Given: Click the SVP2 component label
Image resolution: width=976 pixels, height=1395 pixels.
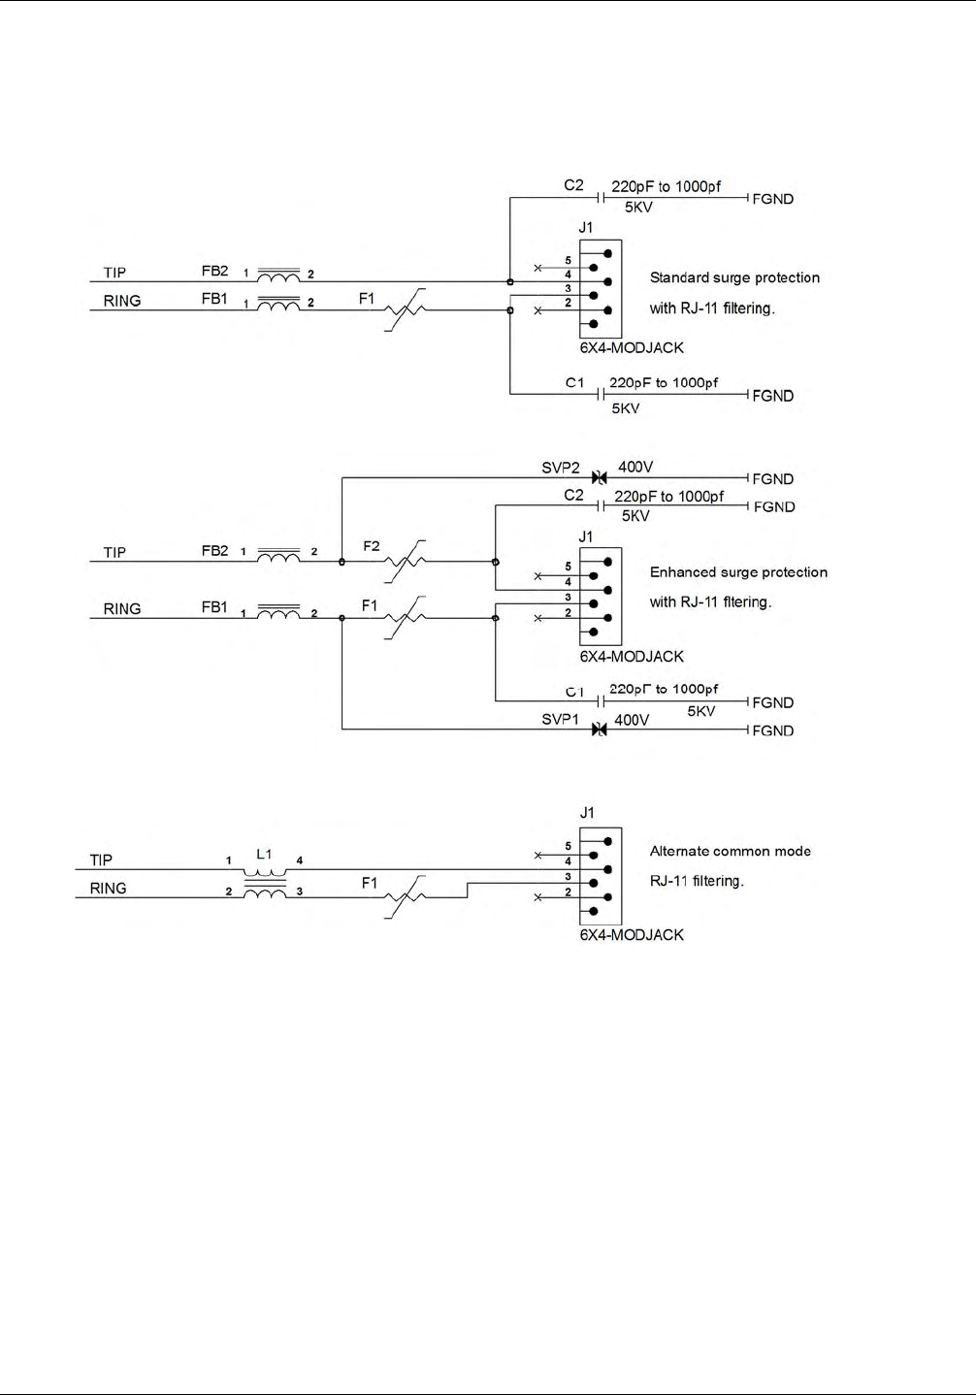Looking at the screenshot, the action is pyautogui.click(x=561, y=468).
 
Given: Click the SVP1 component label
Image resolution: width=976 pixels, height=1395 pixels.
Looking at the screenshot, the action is pyautogui.click(x=560, y=719).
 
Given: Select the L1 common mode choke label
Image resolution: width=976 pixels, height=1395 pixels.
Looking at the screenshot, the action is pyautogui.click(x=264, y=854).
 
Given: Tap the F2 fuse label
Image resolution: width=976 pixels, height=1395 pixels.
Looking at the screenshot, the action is pyautogui.click(x=372, y=546).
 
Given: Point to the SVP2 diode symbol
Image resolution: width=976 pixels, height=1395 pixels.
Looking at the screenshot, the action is pyautogui.click(x=600, y=477).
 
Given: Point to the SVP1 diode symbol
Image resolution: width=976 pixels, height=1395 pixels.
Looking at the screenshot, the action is pyautogui.click(x=600, y=729).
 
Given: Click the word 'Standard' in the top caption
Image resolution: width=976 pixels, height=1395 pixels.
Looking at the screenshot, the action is pyautogui.click(x=680, y=277).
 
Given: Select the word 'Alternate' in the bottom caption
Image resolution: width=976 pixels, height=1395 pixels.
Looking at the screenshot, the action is pyautogui.click(x=678, y=852).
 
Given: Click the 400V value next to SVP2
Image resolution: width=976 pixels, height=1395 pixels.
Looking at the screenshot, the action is pyautogui.click(x=635, y=467).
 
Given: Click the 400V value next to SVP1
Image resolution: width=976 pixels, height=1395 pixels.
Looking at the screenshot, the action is pyautogui.click(x=632, y=720).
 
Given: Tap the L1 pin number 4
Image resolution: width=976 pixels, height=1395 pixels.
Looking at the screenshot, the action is pyautogui.click(x=300, y=860).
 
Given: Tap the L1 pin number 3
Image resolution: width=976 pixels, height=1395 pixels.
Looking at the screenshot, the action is pyautogui.click(x=300, y=892).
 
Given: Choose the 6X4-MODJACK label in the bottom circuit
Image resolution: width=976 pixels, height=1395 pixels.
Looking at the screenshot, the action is pyautogui.click(x=632, y=935).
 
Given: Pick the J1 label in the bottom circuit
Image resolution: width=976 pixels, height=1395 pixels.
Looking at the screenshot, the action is pyautogui.click(x=587, y=813).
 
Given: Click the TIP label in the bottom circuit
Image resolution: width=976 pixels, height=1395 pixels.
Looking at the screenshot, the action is pyautogui.click(x=101, y=860).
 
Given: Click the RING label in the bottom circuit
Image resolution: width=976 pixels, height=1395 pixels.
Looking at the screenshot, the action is pyautogui.click(x=108, y=888).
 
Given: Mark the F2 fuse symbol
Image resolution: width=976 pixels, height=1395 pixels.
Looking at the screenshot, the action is pyautogui.click(x=405, y=562).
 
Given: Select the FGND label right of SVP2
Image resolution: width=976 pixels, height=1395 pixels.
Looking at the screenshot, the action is pyautogui.click(x=773, y=479).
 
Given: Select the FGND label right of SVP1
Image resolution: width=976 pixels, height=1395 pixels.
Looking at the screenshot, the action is pyautogui.click(x=773, y=730).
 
